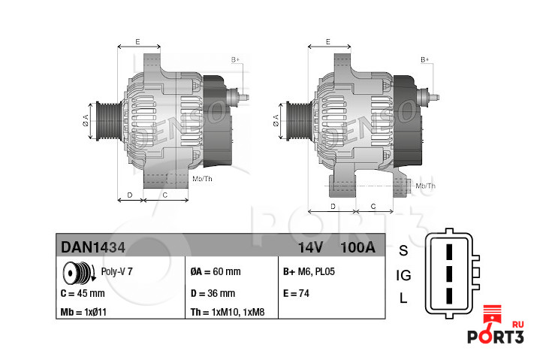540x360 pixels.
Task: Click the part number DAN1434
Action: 93,247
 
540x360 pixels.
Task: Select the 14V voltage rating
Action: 310,247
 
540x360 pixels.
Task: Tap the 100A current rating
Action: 357,247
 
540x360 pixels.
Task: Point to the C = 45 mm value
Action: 81,293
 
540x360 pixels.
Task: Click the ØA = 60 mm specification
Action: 216,271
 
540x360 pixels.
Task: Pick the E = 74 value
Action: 297,293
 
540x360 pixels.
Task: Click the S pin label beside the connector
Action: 403,250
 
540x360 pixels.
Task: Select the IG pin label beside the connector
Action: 403,275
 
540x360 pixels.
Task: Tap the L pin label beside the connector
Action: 403,298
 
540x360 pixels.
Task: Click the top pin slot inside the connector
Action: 449,250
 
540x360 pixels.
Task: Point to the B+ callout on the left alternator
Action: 235,59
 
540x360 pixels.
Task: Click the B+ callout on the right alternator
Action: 425,59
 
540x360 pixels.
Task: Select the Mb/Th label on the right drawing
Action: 425,185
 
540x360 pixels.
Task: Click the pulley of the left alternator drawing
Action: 104,119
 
